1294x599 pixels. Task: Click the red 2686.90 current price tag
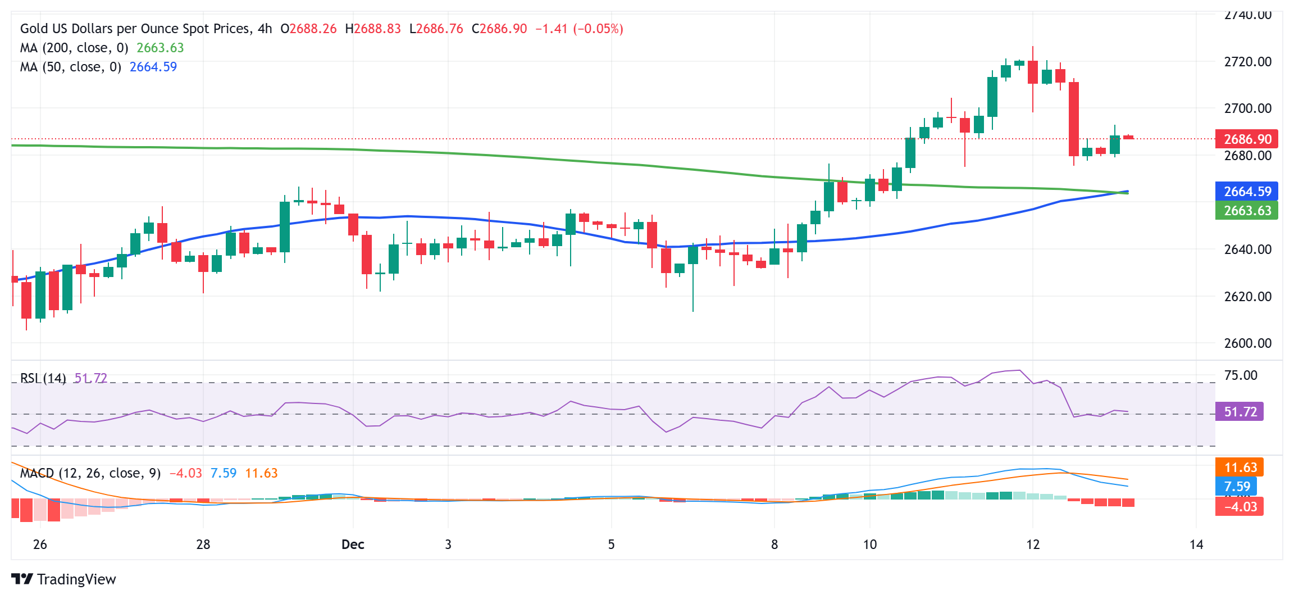tap(1246, 139)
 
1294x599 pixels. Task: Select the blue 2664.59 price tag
tap(1246, 191)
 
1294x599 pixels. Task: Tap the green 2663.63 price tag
tap(1246, 211)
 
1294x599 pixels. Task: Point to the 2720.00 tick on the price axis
tap(1247, 62)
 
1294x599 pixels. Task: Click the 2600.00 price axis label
tap(1247, 343)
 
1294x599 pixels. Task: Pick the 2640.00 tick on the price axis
tap(1247, 249)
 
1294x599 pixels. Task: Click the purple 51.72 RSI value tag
tap(1240, 411)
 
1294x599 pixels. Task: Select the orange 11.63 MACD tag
tap(1240, 467)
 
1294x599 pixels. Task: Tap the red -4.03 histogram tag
tap(1240, 506)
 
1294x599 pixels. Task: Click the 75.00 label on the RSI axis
tap(1240, 375)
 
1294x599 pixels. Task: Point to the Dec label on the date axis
tap(353, 544)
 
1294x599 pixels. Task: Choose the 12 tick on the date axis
tap(1033, 544)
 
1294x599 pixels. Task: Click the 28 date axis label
tap(203, 544)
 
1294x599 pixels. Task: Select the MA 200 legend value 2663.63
tap(160, 48)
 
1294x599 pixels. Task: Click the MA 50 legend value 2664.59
tap(153, 67)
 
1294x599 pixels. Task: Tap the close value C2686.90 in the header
tap(499, 29)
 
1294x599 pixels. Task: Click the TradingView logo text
tap(76, 579)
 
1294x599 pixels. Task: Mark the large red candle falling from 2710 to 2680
tap(1074, 119)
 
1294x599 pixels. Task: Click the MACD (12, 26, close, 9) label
tap(90, 473)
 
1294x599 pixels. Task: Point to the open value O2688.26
tap(308, 29)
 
